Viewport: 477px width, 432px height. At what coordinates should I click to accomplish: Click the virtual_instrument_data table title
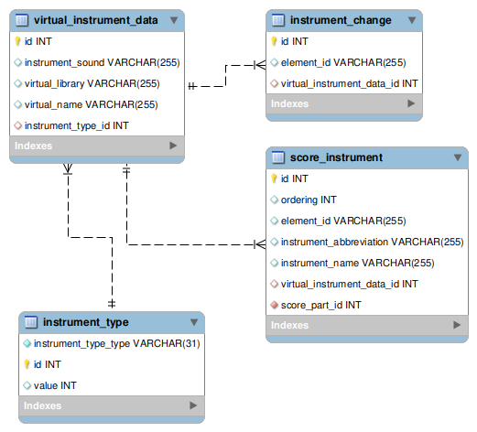95,19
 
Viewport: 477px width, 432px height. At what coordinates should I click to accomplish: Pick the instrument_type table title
85,322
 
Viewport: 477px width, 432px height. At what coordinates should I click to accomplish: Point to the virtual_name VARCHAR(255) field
91,104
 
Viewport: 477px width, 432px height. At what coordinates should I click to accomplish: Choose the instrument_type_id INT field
77,125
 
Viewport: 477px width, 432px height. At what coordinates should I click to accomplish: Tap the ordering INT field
309,200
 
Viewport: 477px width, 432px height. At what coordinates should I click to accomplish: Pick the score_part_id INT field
320,305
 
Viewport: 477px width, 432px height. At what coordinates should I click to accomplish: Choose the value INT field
55,385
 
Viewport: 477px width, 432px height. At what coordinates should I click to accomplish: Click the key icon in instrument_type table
27,364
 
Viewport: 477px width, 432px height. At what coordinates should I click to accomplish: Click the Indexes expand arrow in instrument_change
411,104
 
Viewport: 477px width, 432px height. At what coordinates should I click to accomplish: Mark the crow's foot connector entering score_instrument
259,244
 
